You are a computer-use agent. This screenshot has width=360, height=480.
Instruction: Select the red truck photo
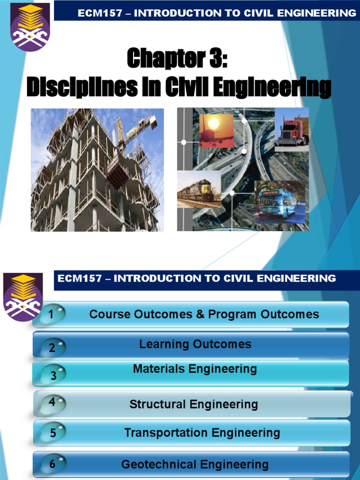pos(292,129)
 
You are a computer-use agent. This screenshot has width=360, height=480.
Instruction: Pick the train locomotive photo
pos(199,189)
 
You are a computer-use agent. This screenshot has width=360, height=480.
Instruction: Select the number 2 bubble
pos(52,348)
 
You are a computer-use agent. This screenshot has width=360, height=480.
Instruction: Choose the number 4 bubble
pos(52,402)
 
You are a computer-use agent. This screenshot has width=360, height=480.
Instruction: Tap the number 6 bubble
pos(52,465)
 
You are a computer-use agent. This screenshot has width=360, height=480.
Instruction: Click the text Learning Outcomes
pos(195,344)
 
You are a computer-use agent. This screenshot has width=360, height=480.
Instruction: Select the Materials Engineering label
pos(195,369)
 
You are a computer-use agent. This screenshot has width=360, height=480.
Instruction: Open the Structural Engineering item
pos(194,404)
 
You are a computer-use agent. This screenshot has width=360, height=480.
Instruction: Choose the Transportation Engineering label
pos(202,433)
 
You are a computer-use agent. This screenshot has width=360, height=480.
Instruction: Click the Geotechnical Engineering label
pos(195,465)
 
